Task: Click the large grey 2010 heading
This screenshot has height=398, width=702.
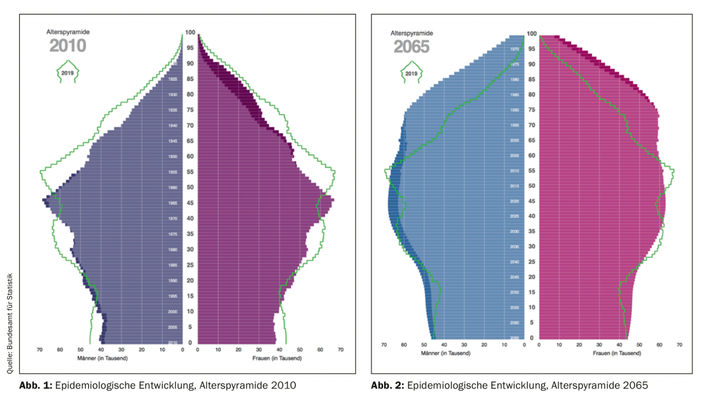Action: pyautogui.click(x=68, y=46)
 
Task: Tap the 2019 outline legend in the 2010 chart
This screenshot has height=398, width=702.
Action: pyautogui.click(x=68, y=73)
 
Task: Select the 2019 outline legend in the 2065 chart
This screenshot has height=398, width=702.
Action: pyautogui.click(x=411, y=73)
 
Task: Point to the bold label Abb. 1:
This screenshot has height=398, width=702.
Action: pyautogui.click(x=37, y=385)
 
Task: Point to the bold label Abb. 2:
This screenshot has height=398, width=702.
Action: pyautogui.click(x=388, y=385)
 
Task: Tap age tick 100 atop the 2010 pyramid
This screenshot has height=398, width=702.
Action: pyautogui.click(x=190, y=33)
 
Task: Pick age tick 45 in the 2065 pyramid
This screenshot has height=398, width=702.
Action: pyautogui.click(x=532, y=202)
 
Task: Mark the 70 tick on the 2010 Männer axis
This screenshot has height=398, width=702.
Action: pyautogui.click(x=40, y=350)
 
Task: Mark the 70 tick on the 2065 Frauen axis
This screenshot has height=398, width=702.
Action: pyautogui.click(x=680, y=344)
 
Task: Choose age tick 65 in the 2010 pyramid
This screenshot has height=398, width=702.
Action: pyautogui.click(x=190, y=141)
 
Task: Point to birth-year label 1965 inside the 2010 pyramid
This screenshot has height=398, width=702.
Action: pyautogui.click(x=173, y=203)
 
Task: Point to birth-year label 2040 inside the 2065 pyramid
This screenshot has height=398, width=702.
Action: pyautogui.click(x=514, y=262)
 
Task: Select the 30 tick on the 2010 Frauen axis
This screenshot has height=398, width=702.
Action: pyautogui.click(x=258, y=350)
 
